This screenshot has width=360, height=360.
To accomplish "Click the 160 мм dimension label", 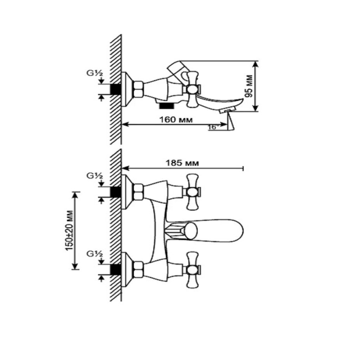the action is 176,120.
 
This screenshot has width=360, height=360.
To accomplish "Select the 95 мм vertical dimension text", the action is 249,86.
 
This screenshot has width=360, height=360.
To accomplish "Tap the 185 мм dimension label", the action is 182,163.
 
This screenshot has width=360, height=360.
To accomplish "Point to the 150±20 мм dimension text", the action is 70,230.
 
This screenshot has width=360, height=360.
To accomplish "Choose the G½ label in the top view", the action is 95,73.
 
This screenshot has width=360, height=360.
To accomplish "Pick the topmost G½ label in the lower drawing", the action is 95,176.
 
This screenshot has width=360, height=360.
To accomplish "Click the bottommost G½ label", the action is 95,254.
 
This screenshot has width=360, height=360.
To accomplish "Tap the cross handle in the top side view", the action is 193,89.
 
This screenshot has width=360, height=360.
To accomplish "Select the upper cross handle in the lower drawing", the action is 193,192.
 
